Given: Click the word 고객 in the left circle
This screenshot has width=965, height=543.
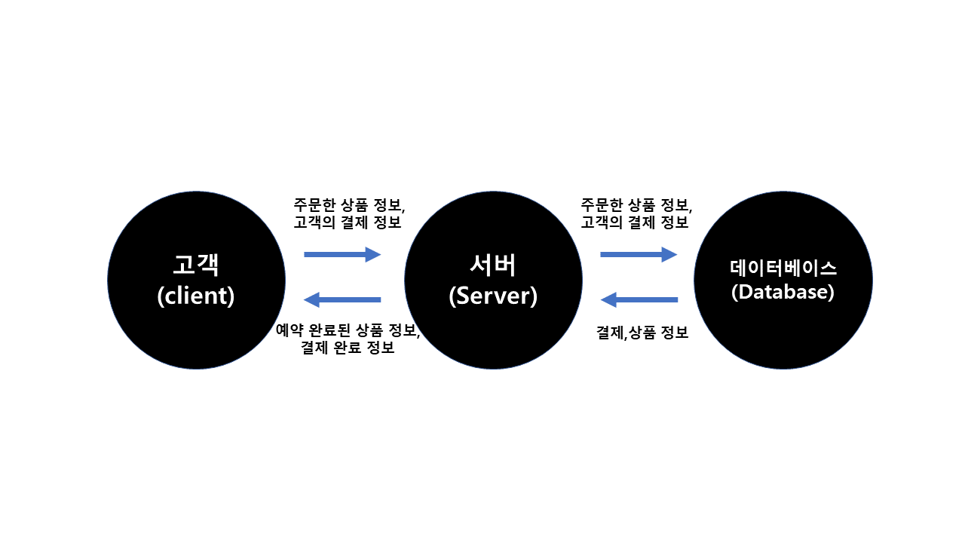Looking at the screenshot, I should click(196, 265).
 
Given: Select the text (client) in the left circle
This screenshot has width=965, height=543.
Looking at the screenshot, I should click(196, 296).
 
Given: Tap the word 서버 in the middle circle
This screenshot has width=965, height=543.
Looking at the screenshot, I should click(493, 265).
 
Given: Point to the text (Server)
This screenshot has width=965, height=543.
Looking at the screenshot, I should click(493, 296).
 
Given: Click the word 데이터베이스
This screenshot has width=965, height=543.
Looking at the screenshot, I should click(783, 268).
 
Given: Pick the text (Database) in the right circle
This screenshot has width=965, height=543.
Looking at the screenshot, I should click(783, 293).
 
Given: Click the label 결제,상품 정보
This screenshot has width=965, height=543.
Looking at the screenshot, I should click(642, 333).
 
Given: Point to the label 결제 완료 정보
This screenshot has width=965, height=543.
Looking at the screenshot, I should click(348, 348).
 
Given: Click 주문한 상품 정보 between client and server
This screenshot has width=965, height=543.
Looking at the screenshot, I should click(348, 205).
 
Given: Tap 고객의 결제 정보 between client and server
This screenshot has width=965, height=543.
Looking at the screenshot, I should click(348, 222).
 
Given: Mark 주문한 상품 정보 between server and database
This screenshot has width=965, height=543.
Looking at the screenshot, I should click(636, 205).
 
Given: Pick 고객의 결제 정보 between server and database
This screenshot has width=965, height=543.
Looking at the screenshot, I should click(635, 222).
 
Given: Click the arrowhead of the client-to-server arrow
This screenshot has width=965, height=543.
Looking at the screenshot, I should click(374, 255).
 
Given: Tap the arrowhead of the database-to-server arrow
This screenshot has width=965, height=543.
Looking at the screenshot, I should click(608, 300).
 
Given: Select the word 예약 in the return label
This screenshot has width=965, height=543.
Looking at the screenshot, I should click(290, 331).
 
